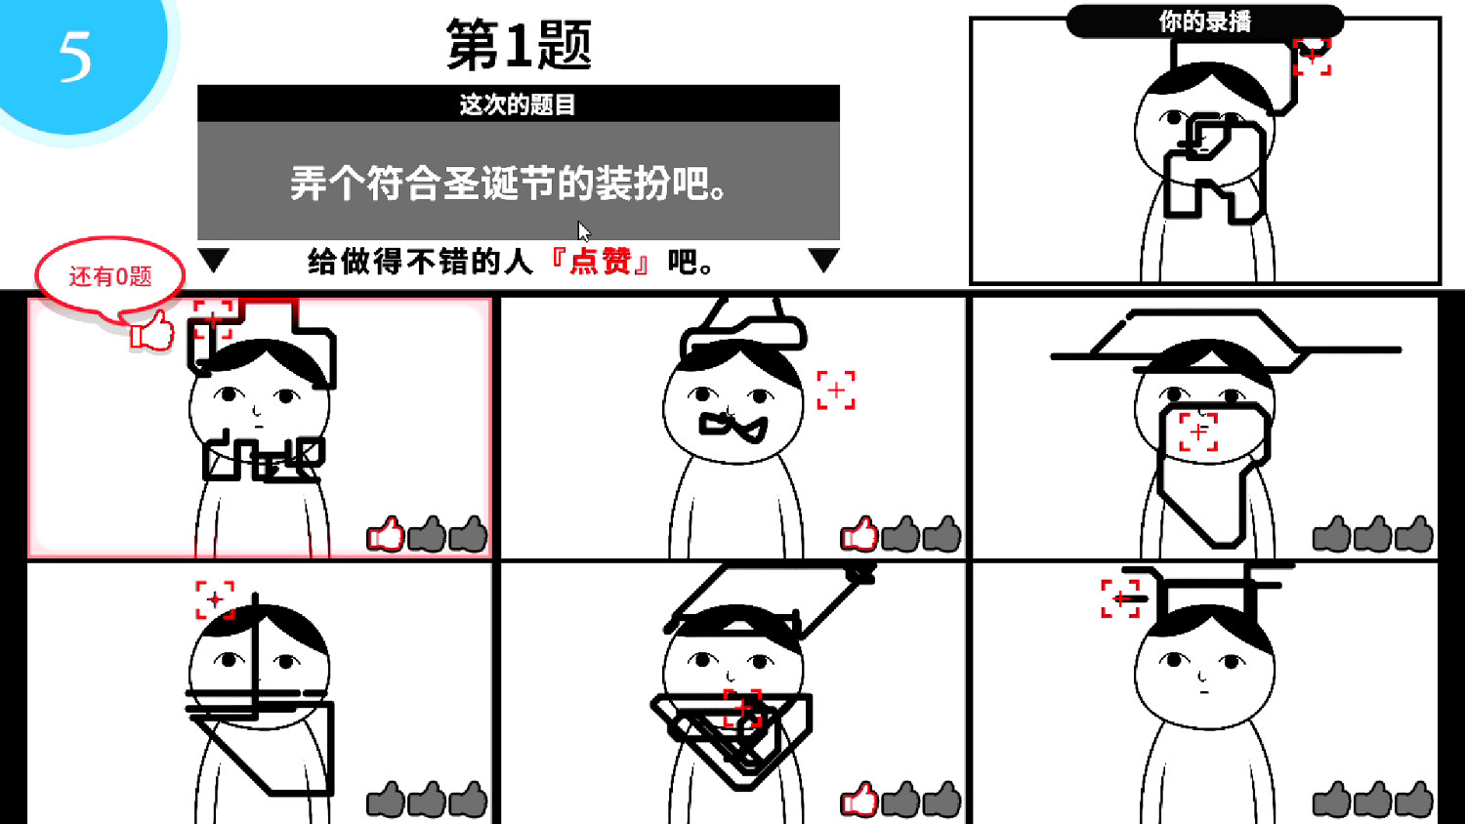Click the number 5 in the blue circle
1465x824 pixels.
[x=75, y=56]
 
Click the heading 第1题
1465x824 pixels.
[x=519, y=45]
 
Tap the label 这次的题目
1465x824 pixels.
[x=518, y=104]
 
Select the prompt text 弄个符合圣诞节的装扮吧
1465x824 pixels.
[x=509, y=184]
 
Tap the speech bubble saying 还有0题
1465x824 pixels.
[x=109, y=275]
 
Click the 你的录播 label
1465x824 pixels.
[x=1204, y=21]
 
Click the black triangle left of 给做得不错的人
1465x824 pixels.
[x=213, y=260]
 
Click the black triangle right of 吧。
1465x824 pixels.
[x=823, y=260]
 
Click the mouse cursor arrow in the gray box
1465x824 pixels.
[x=583, y=231]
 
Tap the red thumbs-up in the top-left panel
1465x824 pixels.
[x=386, y=534]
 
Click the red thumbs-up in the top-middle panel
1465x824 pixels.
[x=859, y=534]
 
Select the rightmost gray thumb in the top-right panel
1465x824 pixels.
[x=1414, y=534]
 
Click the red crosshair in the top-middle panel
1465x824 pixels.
[x=836, y=390]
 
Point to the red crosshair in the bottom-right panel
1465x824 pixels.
[x=1120, y=598]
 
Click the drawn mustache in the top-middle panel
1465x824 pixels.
[x=733, y=426]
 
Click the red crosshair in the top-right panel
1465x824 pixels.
[x=1198, y=432]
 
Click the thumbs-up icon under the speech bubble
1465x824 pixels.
[x=152, y=331]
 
